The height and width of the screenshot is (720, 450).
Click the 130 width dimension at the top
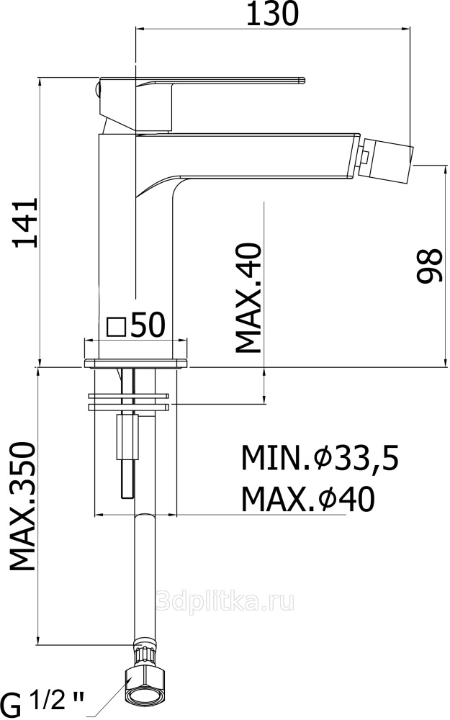(x=272, y=14)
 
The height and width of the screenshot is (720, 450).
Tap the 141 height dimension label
(x=25, y=223)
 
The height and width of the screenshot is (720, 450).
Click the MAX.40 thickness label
(x=248, y=298)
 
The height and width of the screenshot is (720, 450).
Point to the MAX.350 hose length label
(x=23, y=506)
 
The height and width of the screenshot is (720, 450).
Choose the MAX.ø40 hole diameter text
(x=308, y=500)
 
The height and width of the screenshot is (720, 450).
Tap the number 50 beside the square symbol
(x=148, y=325)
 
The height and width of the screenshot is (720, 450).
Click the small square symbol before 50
(x=116, y=328)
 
